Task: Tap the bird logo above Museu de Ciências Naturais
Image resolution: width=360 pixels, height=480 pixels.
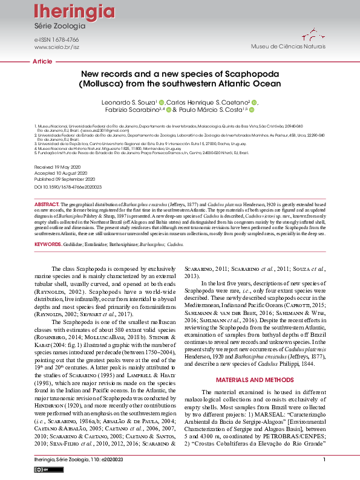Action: (x=309, y=34)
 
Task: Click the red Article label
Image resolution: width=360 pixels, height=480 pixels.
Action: (x=42, y=62)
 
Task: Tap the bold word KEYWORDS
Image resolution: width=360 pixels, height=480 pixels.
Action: (x=48, y=244)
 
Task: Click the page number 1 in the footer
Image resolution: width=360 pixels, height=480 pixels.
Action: (x=325, y=460)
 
